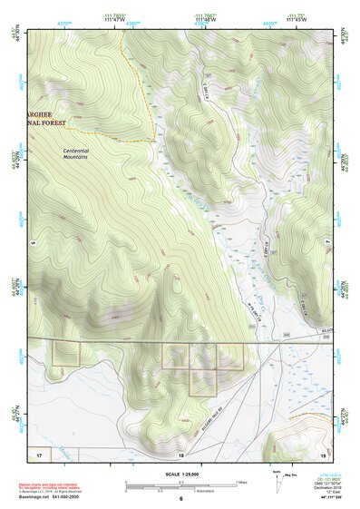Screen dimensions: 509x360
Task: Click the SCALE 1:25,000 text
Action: (180, 475)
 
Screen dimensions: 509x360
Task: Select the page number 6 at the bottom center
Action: (180, 499)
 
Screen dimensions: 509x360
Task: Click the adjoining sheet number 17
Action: (39, 453)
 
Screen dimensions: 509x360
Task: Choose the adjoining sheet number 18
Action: (180, 453)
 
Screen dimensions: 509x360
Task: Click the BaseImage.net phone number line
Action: (50, 498)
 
